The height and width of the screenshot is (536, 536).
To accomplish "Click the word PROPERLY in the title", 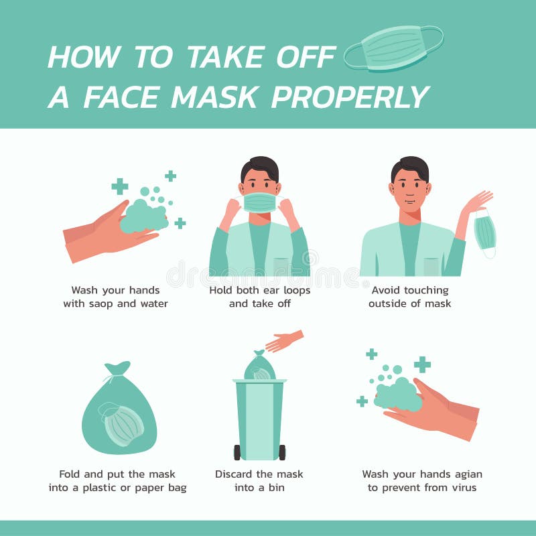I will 350,97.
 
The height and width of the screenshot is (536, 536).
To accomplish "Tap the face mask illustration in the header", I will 394,47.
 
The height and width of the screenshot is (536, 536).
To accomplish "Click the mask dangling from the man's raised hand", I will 485,233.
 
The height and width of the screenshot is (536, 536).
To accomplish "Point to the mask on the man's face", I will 259,202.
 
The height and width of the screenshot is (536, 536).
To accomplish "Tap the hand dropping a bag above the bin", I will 284,342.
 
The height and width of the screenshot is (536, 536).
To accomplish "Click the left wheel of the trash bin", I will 237,452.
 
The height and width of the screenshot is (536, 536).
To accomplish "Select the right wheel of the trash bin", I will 282,452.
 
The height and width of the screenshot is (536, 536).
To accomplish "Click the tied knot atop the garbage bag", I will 117,368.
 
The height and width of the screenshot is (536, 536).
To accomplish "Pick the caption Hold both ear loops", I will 259,290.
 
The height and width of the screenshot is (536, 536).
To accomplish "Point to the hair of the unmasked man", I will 409,165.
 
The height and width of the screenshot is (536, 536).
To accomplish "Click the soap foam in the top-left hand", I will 143,216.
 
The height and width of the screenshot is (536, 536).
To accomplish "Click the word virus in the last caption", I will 462,488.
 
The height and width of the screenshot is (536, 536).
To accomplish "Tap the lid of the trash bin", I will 259,381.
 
